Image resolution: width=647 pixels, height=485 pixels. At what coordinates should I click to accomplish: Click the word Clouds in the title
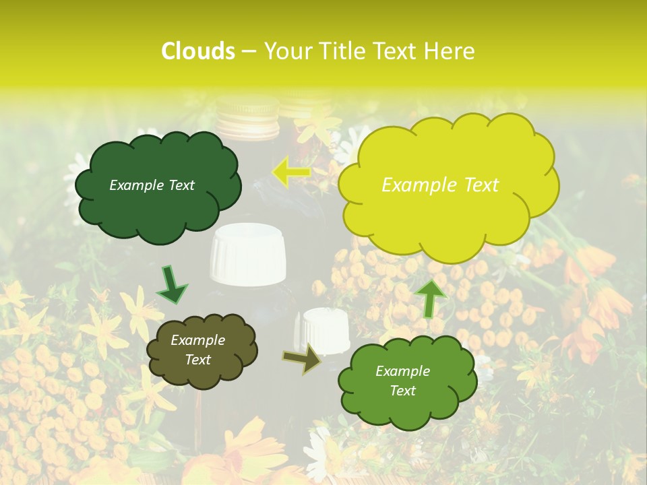198,51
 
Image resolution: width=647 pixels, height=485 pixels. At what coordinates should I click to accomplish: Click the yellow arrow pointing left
290,172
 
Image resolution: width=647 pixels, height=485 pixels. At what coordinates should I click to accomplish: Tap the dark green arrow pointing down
172,284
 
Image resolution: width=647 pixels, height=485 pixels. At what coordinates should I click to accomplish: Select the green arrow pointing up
431,298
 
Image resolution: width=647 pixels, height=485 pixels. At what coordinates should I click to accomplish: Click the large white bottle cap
247,255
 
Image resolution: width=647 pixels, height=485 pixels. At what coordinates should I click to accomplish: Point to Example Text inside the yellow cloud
440,185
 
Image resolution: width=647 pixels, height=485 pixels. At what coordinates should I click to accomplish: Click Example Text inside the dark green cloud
152,185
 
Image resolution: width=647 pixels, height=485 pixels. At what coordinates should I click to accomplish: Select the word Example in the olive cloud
197,340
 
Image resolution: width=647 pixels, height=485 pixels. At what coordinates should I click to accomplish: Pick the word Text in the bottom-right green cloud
402,391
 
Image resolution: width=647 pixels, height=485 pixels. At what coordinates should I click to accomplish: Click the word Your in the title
286,51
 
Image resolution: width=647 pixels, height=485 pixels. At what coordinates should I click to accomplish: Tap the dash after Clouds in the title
248,52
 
